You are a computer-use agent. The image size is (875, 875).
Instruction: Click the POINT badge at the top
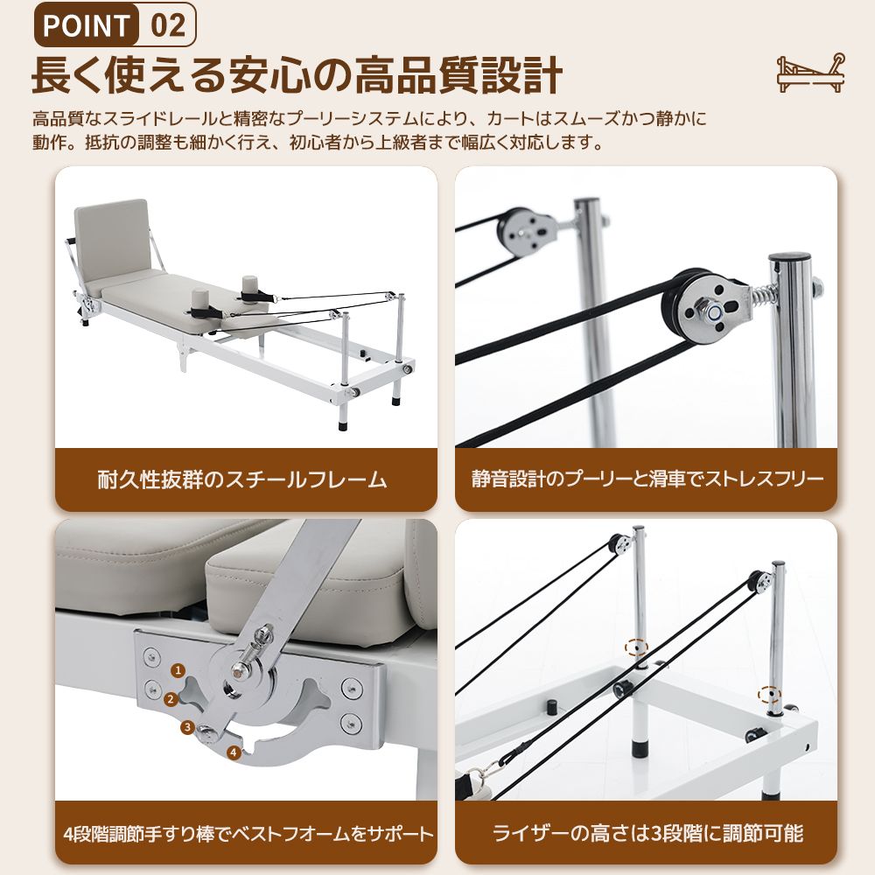coord(87,25)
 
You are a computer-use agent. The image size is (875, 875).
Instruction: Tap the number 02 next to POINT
coord(167,25)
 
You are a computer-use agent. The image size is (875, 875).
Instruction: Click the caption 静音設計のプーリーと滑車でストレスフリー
coord(647,479)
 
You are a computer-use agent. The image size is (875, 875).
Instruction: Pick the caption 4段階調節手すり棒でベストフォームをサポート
coord(248,832)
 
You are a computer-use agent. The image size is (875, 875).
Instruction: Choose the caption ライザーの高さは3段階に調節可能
coord(647,832)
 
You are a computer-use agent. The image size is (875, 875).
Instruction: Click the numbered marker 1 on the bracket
coord(178,671)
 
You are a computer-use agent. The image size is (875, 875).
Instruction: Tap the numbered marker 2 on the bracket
coord(171,699)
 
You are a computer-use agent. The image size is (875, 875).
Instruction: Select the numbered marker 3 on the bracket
coord(187,726)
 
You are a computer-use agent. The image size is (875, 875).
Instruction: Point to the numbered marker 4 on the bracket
coord(233,751)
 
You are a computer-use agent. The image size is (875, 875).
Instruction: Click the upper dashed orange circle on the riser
coord(636,648)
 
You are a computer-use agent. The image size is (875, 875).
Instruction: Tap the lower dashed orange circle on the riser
coord(769,696)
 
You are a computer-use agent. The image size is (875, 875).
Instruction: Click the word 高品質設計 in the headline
coord(455,76)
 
